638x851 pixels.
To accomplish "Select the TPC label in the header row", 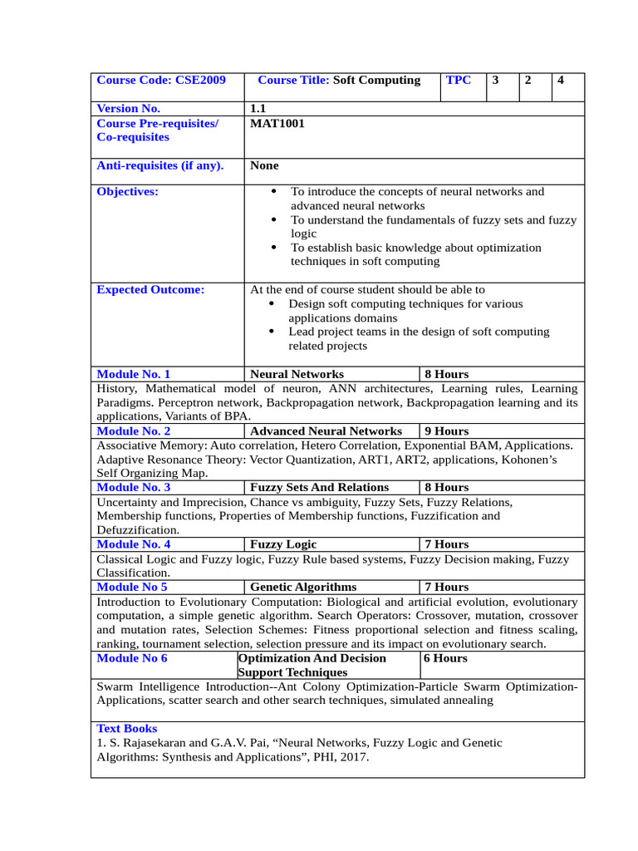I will coord(459,81).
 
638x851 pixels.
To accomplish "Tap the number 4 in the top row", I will coord(562,81).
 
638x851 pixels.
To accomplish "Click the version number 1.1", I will coord(258,109).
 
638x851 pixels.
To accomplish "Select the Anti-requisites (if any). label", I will coord(160,165).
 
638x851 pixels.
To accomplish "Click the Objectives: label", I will coord(127,192).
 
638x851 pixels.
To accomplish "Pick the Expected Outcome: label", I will coord(150,290).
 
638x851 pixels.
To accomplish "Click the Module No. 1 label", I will coord(134,375).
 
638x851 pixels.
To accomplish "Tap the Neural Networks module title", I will coord(297,375).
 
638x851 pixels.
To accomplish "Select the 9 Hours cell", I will coord(446,431).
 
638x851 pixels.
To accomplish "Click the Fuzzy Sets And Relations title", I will coord(319,488).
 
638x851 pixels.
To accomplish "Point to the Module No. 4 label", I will coord(134,544).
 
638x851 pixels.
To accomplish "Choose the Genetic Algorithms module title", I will coord(303,587).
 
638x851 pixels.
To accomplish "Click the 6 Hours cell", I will coord(445,658).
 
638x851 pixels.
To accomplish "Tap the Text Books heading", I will coord(127,729).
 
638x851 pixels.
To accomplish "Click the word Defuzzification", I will coord(137,530).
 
